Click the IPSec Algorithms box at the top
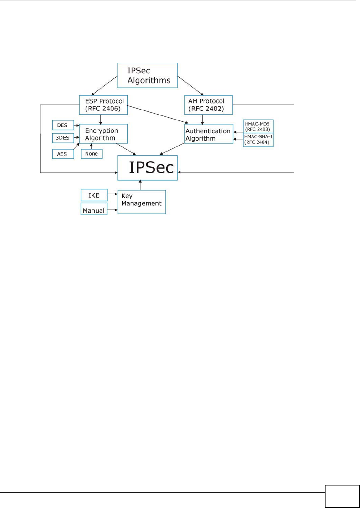[x=147, y=76]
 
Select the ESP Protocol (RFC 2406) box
[x=104, y=105]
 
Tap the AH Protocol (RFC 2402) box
[x=208, y=105]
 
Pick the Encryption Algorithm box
[x=103, y=134]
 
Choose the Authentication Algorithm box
[x=209, y=134]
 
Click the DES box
[x=63, y=125]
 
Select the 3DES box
[x=63, y=138]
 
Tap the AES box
[x=63, y=154]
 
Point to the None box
[x=91, y=154]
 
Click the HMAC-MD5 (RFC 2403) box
[x=258, y=126]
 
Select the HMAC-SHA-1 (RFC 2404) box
[x=258, y=140]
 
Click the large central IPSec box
[x=147, y=168]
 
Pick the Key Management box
[x=142, y=202]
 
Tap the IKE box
[x=94, y=195]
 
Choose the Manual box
[x=94, y=209]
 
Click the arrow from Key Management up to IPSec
[x=140, y=185]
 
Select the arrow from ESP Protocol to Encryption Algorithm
[x=101, y=119]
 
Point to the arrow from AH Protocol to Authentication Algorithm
[x=202, y=119]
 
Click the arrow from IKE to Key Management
[x=112, y=194]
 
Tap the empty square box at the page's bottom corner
[x=342, y=496]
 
